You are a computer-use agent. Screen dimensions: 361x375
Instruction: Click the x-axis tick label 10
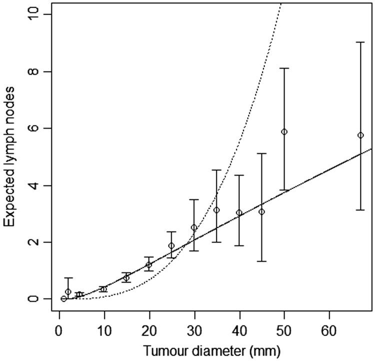point(104,331)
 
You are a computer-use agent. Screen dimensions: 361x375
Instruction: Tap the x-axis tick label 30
point(194,331)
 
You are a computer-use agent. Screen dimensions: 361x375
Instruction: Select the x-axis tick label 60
point(329,331)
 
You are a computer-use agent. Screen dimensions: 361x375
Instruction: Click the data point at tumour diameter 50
point(284,132)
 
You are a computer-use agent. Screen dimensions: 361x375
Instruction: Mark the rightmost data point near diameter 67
point(360,135)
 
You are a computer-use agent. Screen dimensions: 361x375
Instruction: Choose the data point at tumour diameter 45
point(261,212)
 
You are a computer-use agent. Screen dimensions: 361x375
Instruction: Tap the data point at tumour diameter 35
point(216,210)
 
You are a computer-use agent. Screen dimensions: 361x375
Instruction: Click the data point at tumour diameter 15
point(126,278)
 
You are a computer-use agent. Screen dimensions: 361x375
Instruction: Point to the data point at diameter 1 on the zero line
point(63,299)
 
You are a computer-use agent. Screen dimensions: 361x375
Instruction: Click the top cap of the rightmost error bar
point(360,43)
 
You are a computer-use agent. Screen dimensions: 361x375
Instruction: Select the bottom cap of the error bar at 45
point(261,261)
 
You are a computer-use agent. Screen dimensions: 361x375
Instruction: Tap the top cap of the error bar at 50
point(284,68)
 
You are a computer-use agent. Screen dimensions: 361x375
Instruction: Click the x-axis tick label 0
point(59,331)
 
